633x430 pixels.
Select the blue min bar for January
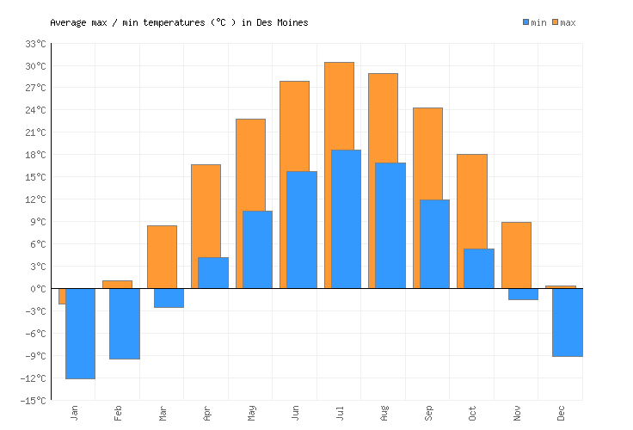pyautogui.click(x=80, y=333)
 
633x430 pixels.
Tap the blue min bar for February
pyautogui.click(x=125, y=323)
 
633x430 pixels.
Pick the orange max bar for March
pyautogui.click(x=162, y=256)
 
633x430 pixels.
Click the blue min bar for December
pyautogui.click(x=568, y=322)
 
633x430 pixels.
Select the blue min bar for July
pyautogui.click(x=346, y=218)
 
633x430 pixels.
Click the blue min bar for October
pyautogui.click(x=479, y=268)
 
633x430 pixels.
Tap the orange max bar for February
pyautogui.click(x=117, y=284)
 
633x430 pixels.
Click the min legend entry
pyautogui.click(x=534, y=22)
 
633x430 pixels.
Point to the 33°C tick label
pyautogui.click(x=35, y=44)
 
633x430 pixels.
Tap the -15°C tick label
pyautogui.click(x=33, y=401)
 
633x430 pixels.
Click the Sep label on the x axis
pyautogui.click(x=428, y=413)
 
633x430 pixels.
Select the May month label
pyautogui.click(x=251, y=413)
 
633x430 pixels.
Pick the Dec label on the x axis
pyautogui.click(x=562, y=413)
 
